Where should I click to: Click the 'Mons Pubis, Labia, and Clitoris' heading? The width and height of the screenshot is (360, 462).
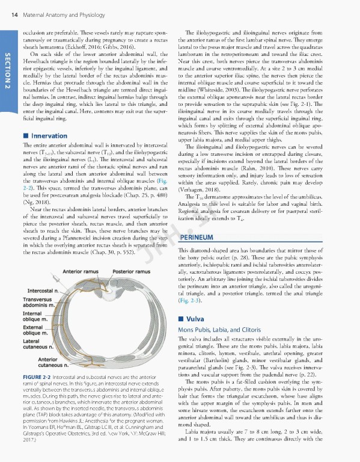[219, 330]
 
